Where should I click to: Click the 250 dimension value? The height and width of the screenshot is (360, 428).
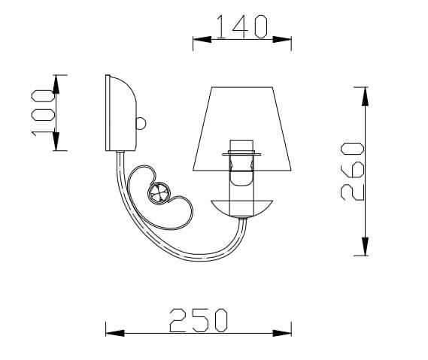click(198, 319)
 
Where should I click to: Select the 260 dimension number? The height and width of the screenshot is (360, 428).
click(351, 171)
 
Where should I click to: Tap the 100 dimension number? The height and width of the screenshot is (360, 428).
click(44, 113)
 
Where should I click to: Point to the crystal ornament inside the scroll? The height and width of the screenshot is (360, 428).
click(159, 193)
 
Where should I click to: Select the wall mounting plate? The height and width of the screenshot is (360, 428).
click(120, 112)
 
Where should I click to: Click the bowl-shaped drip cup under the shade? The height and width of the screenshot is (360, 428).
click(240, 206)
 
